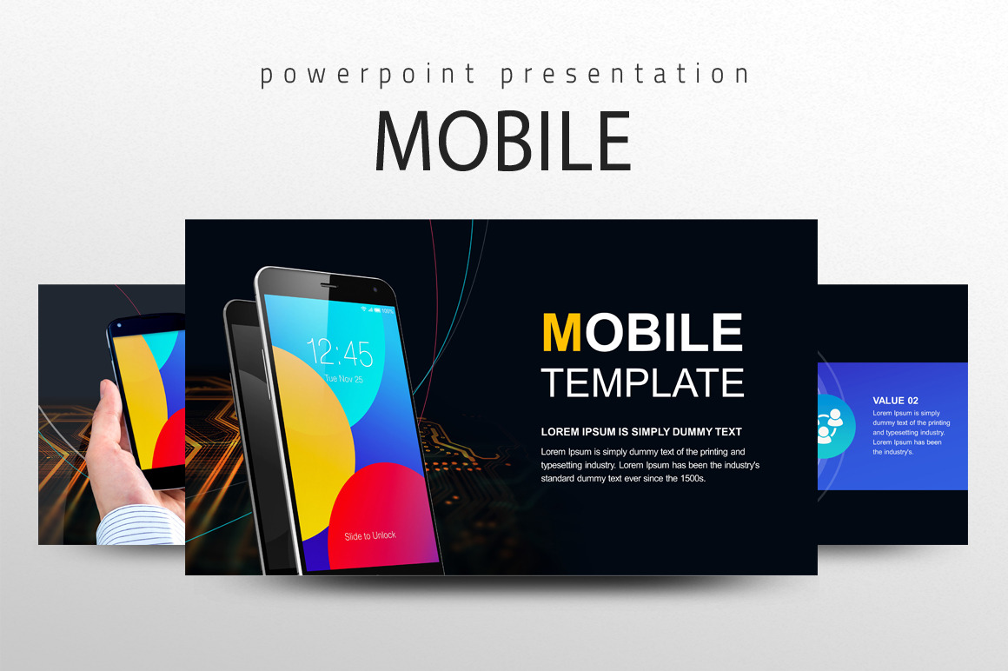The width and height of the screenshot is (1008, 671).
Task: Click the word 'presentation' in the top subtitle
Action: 624,75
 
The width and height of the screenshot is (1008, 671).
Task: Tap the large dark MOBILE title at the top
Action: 503,141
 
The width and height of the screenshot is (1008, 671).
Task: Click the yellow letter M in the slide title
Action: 560,332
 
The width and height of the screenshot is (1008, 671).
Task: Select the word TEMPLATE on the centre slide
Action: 642,382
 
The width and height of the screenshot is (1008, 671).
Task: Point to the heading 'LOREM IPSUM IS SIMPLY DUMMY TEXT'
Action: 641,432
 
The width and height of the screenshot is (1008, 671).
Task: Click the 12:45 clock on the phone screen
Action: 340,354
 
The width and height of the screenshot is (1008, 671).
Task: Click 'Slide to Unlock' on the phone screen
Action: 369,536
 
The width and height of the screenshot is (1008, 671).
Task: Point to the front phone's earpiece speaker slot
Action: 328,285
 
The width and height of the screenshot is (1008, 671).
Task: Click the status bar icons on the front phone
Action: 381,309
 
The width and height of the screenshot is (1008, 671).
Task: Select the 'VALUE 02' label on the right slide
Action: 895,401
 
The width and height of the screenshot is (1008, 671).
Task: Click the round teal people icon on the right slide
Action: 826,426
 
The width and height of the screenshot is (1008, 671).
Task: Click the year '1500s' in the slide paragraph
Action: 689,478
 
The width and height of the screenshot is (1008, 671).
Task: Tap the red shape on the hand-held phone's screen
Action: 170,440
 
